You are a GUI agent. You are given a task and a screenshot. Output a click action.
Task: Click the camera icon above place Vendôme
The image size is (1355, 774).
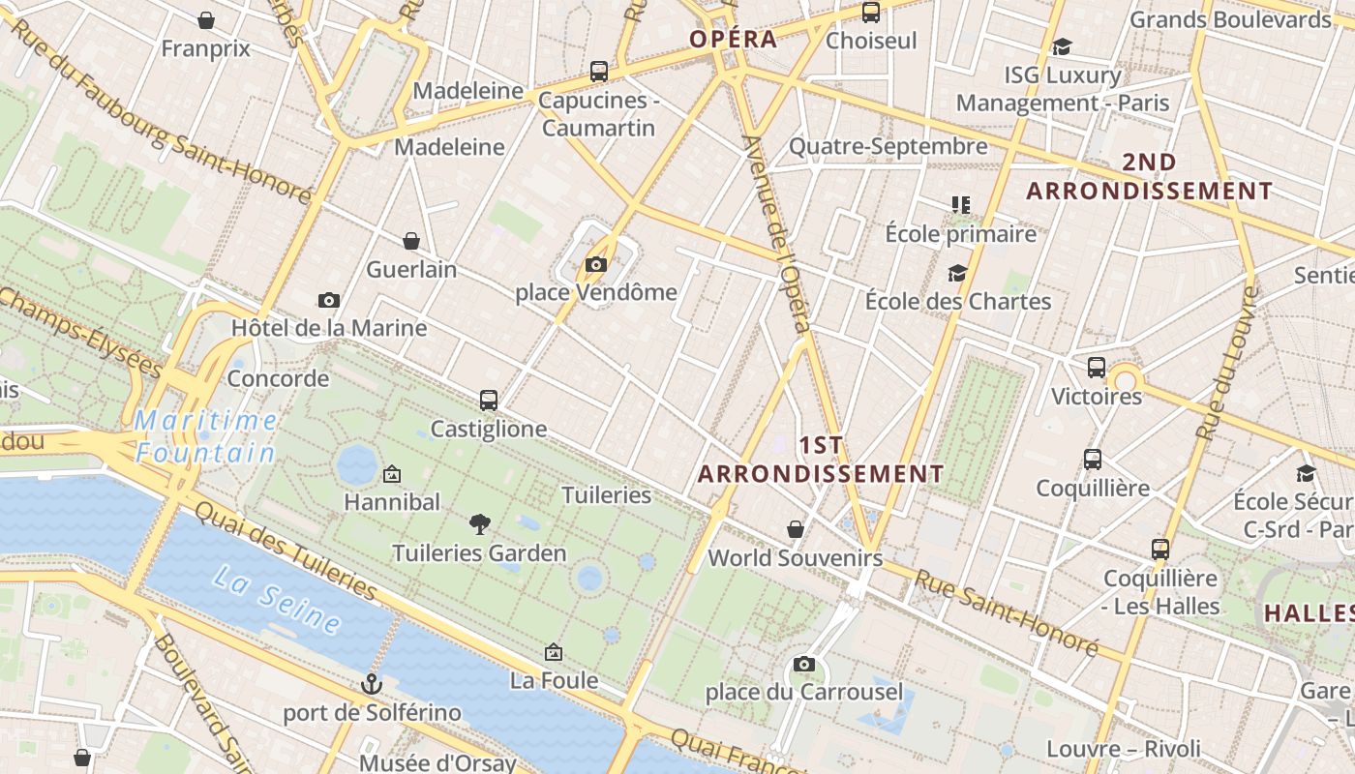(595, 264)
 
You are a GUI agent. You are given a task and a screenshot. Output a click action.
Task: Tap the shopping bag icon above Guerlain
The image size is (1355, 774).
(411, 240)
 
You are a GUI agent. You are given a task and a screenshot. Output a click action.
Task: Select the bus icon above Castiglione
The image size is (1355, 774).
(489, 400)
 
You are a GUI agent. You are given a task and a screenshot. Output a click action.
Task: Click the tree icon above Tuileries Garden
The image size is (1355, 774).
(479, 524)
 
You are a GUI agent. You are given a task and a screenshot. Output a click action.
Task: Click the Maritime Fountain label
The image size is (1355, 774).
(206, 436)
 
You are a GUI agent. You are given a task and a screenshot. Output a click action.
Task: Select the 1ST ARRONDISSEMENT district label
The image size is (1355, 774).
(821, 460)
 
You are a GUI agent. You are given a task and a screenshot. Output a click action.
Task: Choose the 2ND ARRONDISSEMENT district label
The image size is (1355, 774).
(1149, 176)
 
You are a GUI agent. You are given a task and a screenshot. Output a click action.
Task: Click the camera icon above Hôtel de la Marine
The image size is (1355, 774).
(329, 300)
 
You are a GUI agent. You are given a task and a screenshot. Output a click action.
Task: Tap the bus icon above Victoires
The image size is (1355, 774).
(1097, 368)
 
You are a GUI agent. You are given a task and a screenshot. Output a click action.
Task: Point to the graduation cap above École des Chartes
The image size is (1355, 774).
(957, 273)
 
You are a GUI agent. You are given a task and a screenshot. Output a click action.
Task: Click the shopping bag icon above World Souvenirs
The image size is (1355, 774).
(796, 529)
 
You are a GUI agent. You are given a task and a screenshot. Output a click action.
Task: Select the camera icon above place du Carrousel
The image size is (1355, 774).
(803, 664)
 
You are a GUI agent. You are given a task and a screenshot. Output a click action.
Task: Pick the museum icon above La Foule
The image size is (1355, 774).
(554, 652)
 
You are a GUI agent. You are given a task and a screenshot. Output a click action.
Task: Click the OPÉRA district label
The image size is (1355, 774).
(733, 39)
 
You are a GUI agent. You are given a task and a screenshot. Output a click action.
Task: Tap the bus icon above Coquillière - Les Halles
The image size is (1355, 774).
(1160, 550)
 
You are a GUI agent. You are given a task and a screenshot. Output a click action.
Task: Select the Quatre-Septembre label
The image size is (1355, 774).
(888, 146)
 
